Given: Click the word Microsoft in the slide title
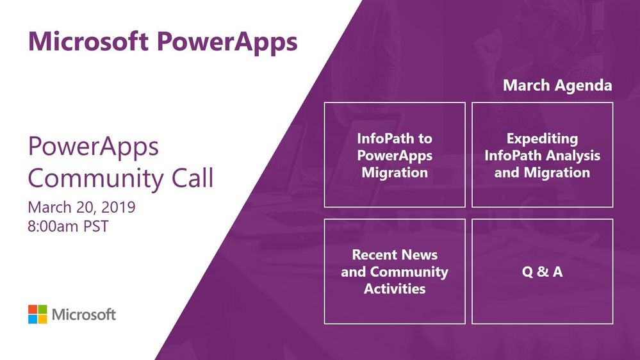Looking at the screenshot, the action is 88,41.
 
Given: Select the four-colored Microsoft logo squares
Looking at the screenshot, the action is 38,315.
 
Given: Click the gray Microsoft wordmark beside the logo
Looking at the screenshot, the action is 84,315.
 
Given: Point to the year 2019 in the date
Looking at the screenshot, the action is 118,207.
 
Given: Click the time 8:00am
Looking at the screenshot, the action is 53,226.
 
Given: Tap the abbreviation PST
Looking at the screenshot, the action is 96,226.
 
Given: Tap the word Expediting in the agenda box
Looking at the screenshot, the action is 542,139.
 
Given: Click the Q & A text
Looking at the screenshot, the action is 542,272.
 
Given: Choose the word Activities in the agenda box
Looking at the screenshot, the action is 395,288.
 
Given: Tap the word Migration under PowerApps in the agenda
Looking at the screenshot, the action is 395,173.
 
